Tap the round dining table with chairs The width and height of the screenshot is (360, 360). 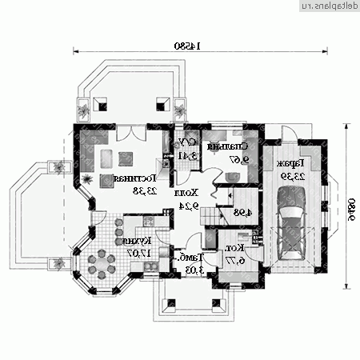[x=102, y=262]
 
